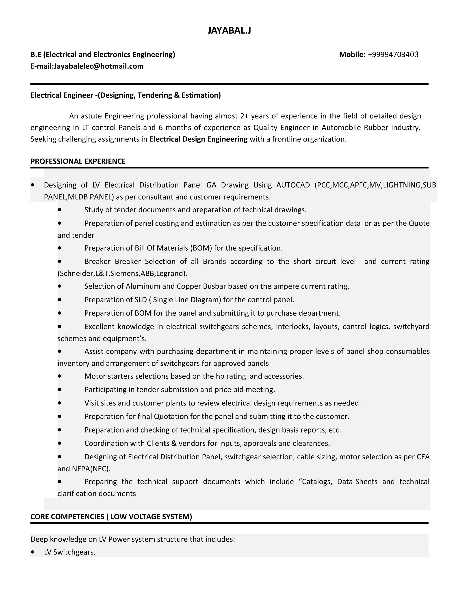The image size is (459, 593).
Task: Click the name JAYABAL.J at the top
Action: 229,30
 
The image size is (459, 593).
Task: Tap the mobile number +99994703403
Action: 393,55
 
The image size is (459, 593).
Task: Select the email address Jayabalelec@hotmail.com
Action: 99,66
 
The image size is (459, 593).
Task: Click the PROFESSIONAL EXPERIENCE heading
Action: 78,161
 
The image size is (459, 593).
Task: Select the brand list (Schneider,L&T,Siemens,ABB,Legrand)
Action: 122,273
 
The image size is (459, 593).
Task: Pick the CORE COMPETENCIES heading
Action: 111,517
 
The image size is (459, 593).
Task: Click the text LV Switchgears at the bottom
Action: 70,552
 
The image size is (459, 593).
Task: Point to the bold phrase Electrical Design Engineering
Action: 199,139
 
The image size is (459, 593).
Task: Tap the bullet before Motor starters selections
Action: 60,376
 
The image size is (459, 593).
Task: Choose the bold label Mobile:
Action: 352,55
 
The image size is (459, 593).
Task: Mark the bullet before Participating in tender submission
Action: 60,390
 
